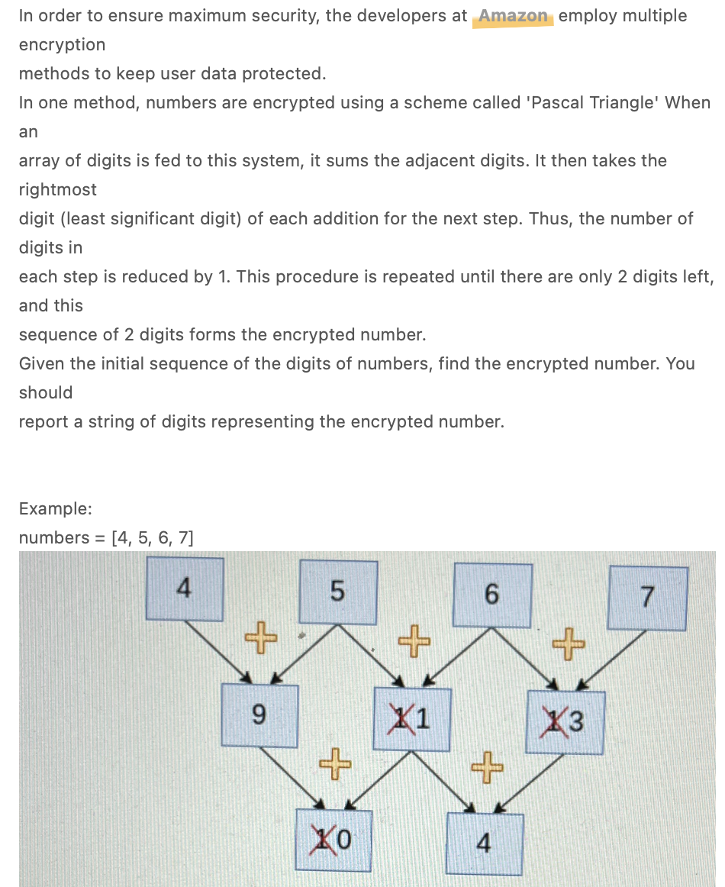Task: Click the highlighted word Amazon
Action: tap(513, 16)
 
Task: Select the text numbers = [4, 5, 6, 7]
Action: tap(106, 537)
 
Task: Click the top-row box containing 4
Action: tap(185, 589)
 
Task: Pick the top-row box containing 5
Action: tap(338, 591)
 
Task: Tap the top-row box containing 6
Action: tap(492, 594)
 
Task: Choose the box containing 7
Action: tap(648, 598)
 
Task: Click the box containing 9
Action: tap(259, 715)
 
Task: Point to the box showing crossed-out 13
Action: tap(565, 721)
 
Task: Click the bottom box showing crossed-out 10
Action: tap(333, 840)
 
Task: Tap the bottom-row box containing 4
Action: tap(485, 843)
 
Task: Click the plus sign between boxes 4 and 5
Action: tap(260, 636)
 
